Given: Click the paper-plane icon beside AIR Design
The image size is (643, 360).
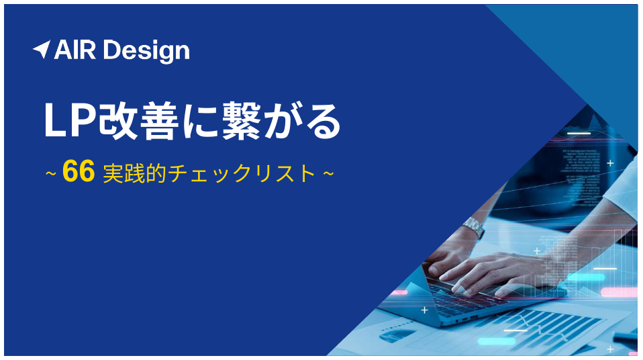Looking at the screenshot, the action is point(42,49).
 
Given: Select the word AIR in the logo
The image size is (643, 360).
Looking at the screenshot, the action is point(75,50).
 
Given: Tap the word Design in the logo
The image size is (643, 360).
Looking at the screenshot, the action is point(146,52).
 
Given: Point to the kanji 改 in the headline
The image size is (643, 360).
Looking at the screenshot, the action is point(118,121).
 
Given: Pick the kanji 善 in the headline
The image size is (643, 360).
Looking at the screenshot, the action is point(160,121).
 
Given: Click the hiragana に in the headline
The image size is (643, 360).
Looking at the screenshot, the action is point(200,122).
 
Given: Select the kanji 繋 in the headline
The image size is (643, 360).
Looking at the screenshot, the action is point(242,121).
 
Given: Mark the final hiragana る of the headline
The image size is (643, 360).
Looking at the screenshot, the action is point(323,122).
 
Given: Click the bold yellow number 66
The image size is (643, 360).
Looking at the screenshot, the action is point(79,171).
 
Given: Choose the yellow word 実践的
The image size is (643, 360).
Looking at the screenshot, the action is point(134,173).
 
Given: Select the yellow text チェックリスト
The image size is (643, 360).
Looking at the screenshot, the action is point(242,174).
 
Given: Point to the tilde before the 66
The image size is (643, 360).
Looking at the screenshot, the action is point(51,174).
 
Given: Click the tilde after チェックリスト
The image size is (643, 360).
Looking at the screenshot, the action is point(328,174).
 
